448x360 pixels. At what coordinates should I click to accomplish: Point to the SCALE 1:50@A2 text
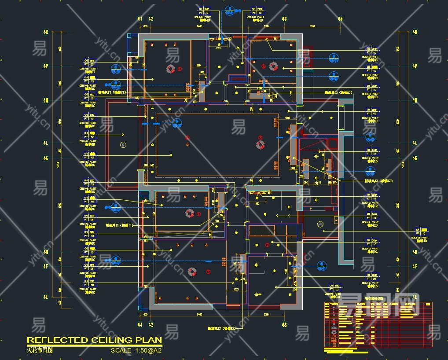(136, 351)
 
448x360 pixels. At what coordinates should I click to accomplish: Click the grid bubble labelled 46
(340, 19)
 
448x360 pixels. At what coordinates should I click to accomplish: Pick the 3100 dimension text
(312, 27)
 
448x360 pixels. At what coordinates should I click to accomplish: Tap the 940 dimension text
(257, 203)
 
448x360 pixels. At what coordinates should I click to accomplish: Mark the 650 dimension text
(217, 220)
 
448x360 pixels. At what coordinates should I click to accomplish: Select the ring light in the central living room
(261, 143)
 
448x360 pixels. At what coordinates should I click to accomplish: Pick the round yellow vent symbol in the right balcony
(320, 224)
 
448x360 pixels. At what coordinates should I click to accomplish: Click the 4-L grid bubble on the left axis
(45, 143)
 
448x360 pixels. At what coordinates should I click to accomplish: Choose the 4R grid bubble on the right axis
(415, 32)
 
